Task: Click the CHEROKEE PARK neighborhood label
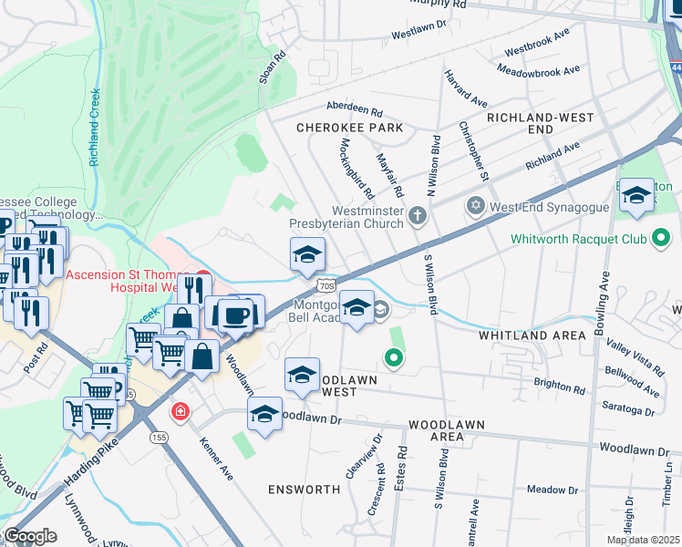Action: pyautogui.click(x=349, y=129)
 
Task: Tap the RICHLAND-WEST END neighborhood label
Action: pyautogui.click(x=540, y=124)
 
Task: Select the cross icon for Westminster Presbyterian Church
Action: pyautogui.click(x=418, y=216)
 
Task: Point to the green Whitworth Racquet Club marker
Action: pyautogui.click(x=661, y=240)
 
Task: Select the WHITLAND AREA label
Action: pyautogui.click(x=532, y=335)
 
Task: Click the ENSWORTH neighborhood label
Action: pyautogui.click(x=304, y=490)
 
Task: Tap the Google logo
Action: pyautogui.click(x=29, y=536)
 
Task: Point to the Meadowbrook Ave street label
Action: pyautogui.click(x=539, y=70)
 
